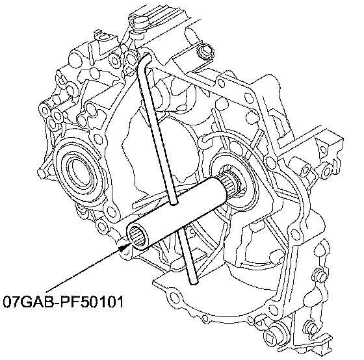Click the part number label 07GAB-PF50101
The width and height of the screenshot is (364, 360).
point(63,302)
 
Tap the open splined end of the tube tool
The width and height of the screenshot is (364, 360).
point(138,237)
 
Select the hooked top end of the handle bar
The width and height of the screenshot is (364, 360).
point(144,59)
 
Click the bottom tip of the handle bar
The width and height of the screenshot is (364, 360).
point(194,282)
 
